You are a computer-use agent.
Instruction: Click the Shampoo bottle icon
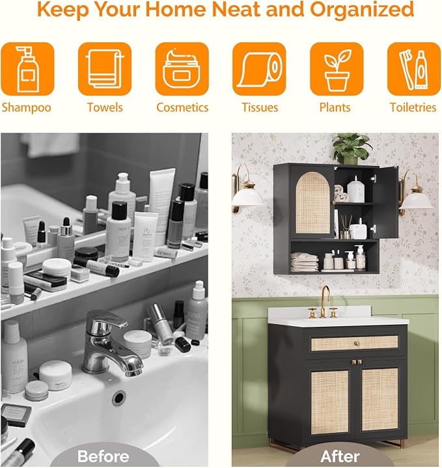point(27,69)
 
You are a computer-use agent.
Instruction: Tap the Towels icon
point(105,69)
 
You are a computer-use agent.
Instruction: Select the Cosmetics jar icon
point(182,69)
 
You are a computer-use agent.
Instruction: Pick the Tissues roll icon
point(259,69)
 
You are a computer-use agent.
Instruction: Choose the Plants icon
point(337,69)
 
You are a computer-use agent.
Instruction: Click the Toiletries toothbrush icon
point(414,69)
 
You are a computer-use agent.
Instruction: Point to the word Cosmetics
point(182,107)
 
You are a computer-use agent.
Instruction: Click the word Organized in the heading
point(362,9)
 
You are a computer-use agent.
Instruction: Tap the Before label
point(104,456)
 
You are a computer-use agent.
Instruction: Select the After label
point(340,456)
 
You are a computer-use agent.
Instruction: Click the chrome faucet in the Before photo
point(111,343)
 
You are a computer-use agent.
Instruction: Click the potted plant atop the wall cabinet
point(352,148)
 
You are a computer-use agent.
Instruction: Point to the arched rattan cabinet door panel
point(312,203)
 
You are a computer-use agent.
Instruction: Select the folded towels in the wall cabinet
point(305,262)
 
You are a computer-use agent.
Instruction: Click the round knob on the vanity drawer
point(356,344)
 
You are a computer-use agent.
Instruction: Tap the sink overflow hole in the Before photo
point(118,398)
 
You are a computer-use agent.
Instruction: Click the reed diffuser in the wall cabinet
point(346,227)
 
